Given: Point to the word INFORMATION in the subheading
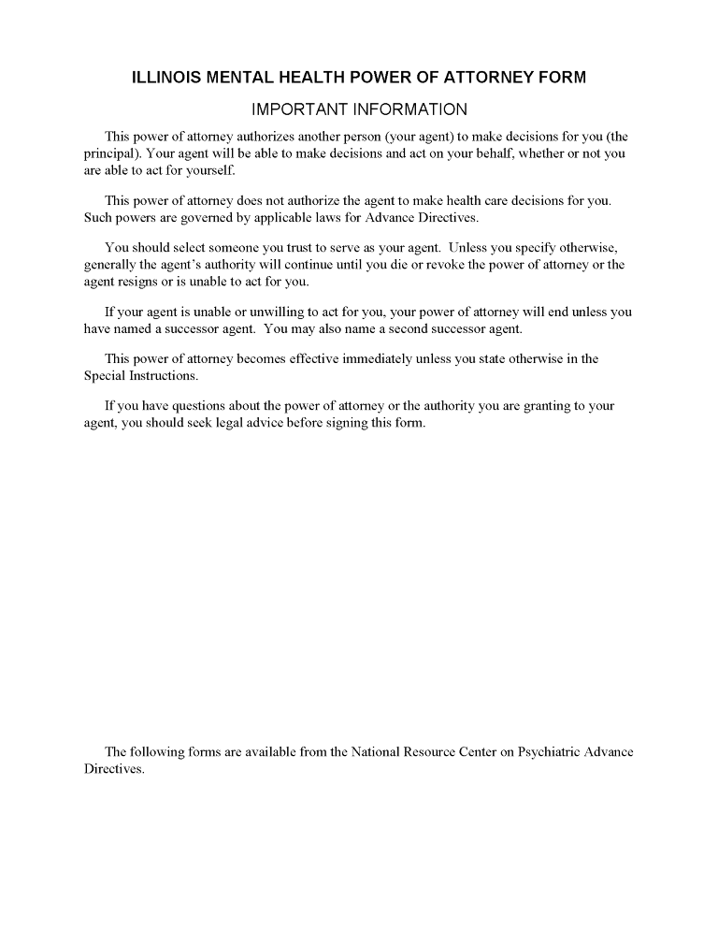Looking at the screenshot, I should (x=408, y=110).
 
